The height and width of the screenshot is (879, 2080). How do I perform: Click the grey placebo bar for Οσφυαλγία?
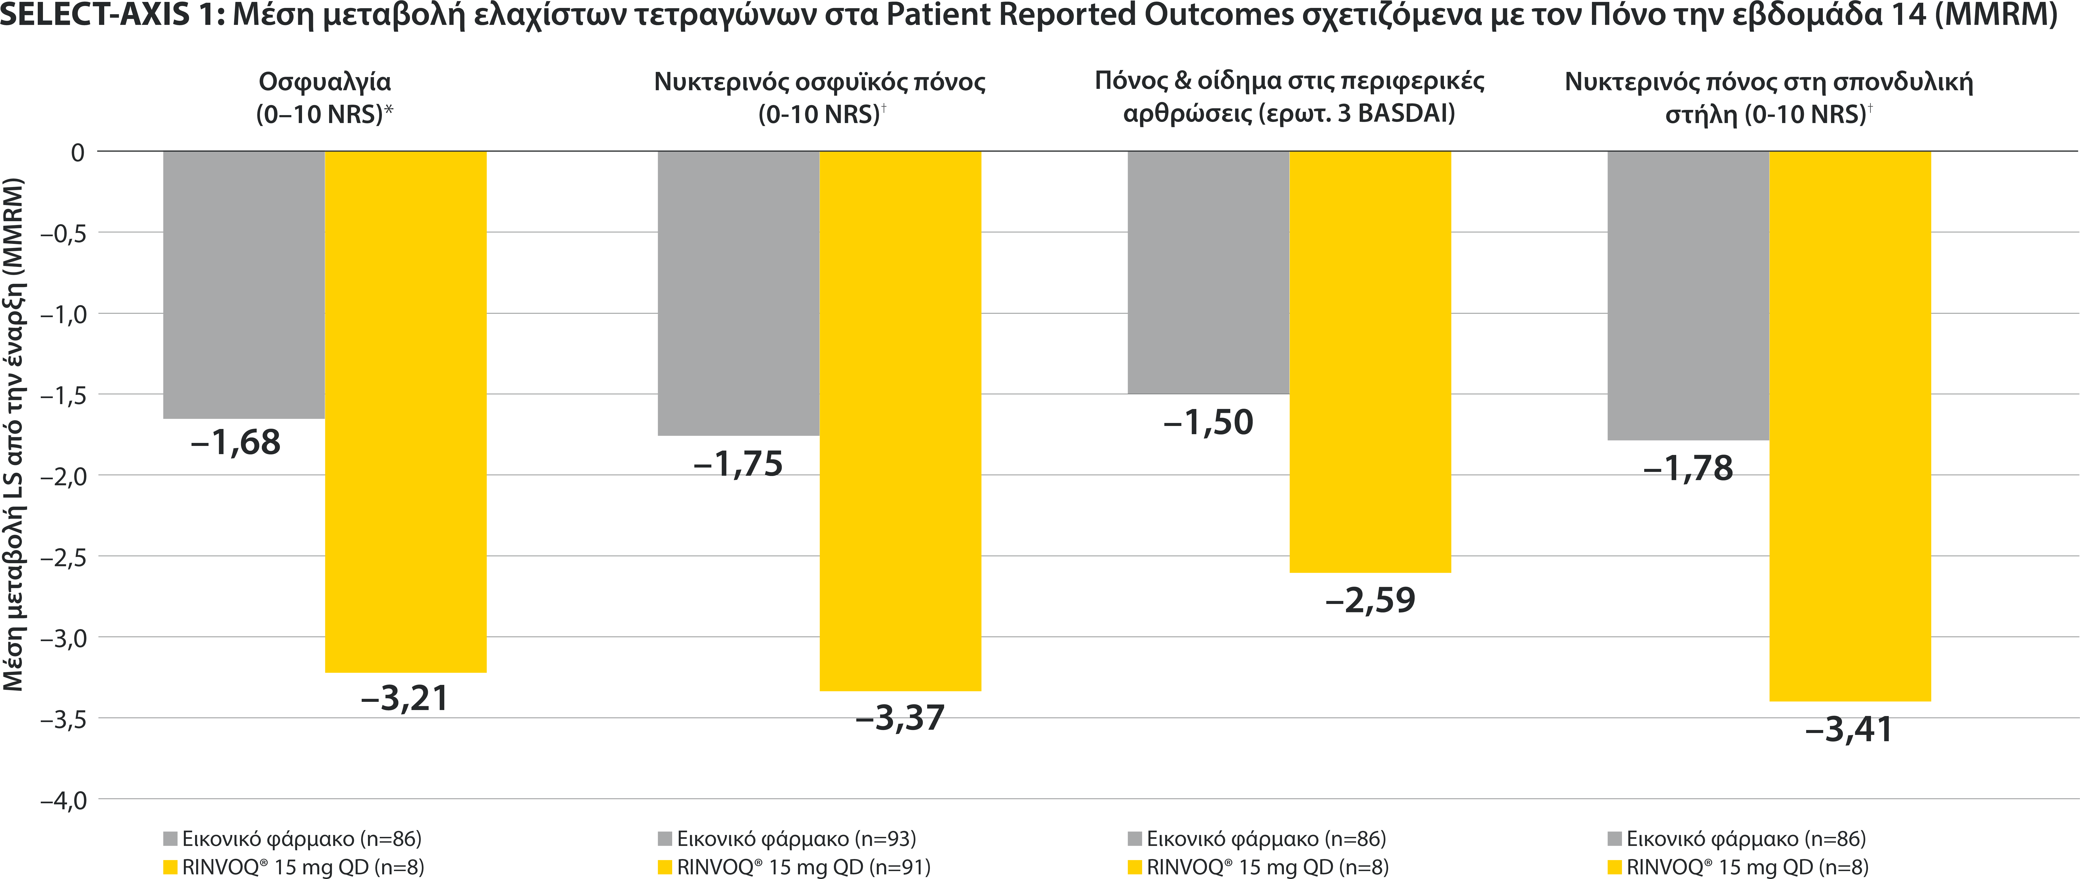coord(244,284)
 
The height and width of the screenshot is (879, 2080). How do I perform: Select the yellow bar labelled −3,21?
coord(405,412)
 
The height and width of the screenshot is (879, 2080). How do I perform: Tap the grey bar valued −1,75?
coord(738,293)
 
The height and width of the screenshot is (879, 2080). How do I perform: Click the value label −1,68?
coord(236,442)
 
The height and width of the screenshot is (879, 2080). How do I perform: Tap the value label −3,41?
coord(1849,730)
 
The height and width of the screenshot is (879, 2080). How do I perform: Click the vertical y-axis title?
coord(14,434)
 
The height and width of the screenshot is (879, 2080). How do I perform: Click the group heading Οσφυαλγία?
coord(324,81)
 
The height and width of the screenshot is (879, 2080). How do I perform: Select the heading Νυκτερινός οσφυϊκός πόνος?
coord(820,81)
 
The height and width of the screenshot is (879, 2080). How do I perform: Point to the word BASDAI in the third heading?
coord(1405,113)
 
